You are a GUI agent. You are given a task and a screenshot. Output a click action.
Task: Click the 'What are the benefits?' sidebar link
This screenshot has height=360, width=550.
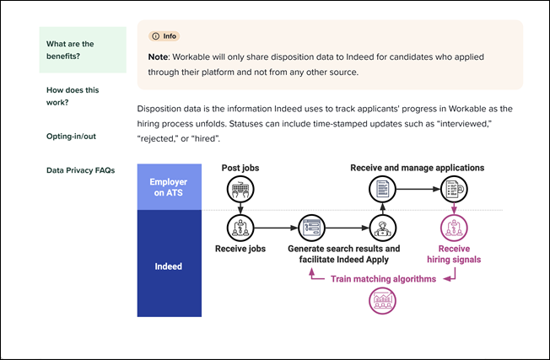coord(70,51)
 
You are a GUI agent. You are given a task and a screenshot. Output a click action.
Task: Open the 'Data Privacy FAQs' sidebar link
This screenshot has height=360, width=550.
coord(81,170)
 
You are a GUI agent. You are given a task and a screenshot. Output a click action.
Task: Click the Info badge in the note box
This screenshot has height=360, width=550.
coord(164,36)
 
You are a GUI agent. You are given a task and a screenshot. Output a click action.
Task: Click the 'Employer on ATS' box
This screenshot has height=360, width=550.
coord(170,187)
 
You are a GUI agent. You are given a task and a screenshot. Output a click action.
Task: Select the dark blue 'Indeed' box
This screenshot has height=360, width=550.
coord(170,266)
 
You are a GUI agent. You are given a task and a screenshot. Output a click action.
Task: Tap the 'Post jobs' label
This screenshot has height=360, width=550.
coord(240,168)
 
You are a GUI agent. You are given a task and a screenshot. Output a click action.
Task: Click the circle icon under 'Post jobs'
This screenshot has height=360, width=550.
coord(240,190)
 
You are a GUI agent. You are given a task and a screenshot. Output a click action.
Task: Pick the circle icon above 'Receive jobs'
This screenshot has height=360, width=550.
coord(240,228)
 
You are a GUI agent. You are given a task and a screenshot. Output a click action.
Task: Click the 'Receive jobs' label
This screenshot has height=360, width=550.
coord(240,249)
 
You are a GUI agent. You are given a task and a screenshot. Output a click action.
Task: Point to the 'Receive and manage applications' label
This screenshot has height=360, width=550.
coord(417,168)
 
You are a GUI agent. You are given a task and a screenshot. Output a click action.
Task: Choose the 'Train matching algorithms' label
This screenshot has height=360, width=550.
coord(382,278)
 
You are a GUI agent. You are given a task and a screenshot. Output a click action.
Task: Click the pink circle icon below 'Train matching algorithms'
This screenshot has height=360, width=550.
coord(382,301)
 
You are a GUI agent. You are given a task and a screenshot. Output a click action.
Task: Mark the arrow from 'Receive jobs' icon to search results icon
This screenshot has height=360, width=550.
coord(275,228)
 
